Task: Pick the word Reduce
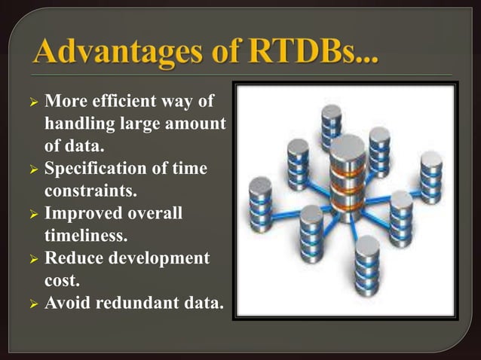[73, 258]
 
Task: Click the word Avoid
[67, 304]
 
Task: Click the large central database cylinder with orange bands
[348, 177]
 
